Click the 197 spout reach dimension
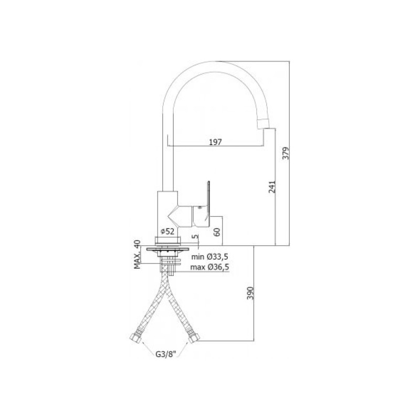216,142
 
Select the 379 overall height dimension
286,153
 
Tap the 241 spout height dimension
272,187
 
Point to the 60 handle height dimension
217,232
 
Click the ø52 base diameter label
167,232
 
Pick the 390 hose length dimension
250,293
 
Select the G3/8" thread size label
165,354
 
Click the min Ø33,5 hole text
209,257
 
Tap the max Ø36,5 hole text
209,267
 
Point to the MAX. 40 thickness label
137,255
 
